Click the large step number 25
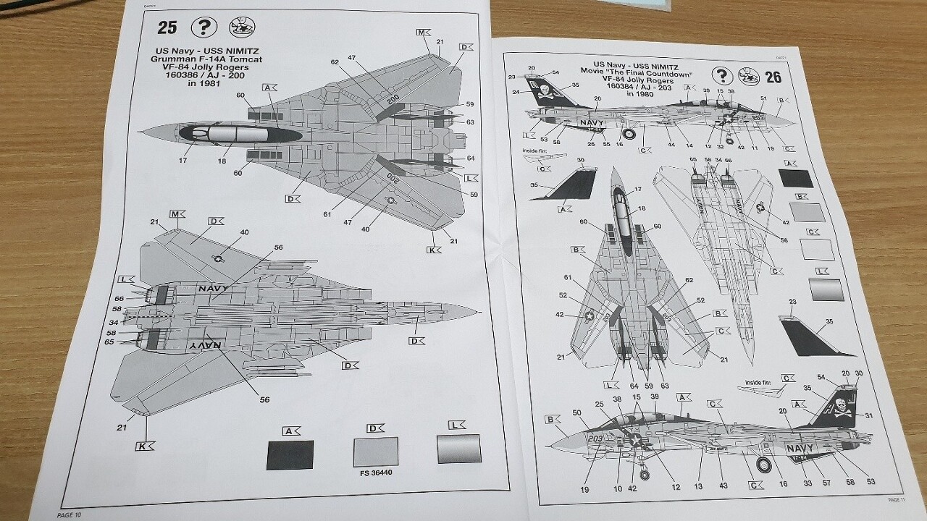(167, 28)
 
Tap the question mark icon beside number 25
(204, 28)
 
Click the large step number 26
(773, 77)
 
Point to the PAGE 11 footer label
(896, 499)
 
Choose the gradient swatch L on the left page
(459, 449)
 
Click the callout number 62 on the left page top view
(335, 62)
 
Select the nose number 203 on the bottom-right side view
(595, 439)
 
